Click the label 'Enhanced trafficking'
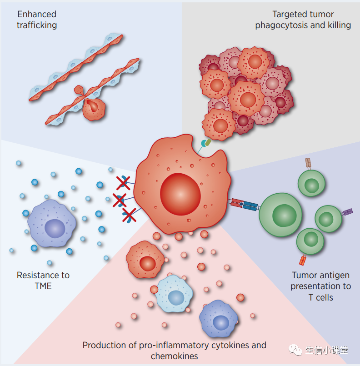pyautogui.click(x=37, y=20)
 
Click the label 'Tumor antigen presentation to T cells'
pyautogui.click(x=320, y=286)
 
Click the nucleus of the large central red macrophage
pyautogui.click(x=180, y=194)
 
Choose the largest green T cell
pyautogui.click(x=283, y=215)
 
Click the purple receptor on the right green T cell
pyautogui.click(x=347, y=212)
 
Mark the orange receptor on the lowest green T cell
pyautogui.click(x=303, y=261)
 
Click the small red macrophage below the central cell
pyautogui.click(x=145, y=260)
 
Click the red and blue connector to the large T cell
pyautogui.click(x=245, y=205)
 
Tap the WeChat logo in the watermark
pyautogui.click(x=297, y=350)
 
